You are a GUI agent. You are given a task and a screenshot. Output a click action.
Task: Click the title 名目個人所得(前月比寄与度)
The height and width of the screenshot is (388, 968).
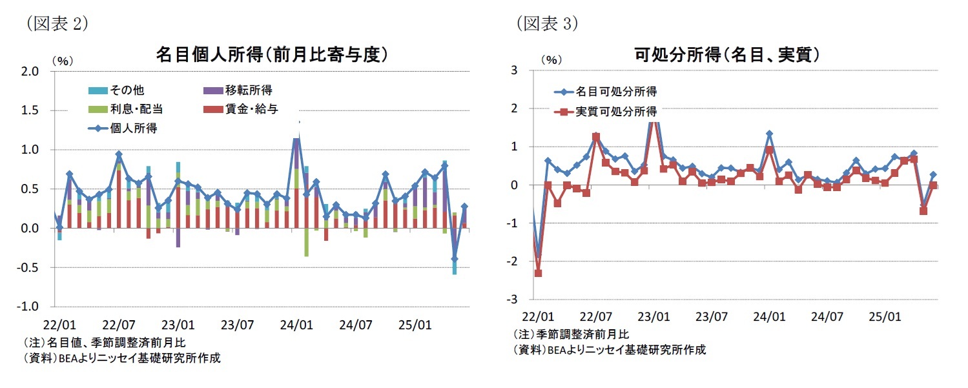[x=272, y=54]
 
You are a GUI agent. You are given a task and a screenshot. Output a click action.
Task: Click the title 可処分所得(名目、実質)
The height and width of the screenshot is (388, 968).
[x=728, y=54]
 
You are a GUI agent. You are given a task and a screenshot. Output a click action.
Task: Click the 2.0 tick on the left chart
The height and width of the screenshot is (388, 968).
[x=31, y=71]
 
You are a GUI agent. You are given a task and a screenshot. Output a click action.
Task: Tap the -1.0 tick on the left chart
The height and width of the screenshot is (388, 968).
[x=30, y=306]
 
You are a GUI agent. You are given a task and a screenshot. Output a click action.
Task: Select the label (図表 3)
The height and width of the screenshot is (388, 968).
[x=546, y=24]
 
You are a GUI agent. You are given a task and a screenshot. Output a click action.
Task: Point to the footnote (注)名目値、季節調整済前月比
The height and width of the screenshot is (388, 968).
[x=105, y=342]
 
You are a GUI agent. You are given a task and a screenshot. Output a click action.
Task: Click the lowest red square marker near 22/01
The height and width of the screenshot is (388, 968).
[x=538, y=273]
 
